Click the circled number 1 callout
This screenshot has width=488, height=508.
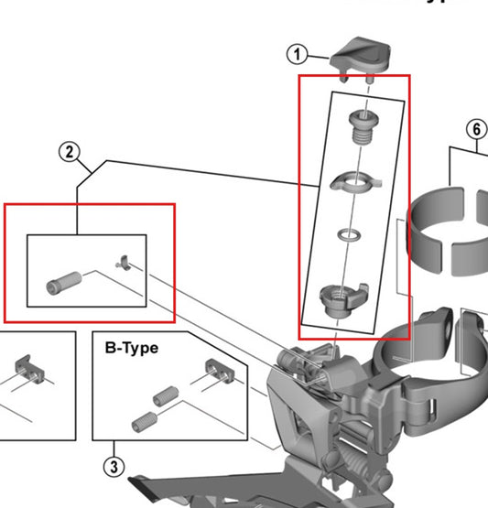click(x=297, y=54)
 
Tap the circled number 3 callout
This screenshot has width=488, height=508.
click(x=113, y=468)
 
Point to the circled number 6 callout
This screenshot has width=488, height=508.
click(x=476, y=129)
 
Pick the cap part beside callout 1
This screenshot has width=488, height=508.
click(x=363, y=58)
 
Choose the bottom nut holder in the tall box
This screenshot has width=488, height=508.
click(x=338, y=297)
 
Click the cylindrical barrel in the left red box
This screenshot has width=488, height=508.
click(x=63, y=283)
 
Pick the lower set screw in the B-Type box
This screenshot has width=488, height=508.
click(x=146, y=423)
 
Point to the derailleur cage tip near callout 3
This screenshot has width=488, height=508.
click(x=146, y=484)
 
